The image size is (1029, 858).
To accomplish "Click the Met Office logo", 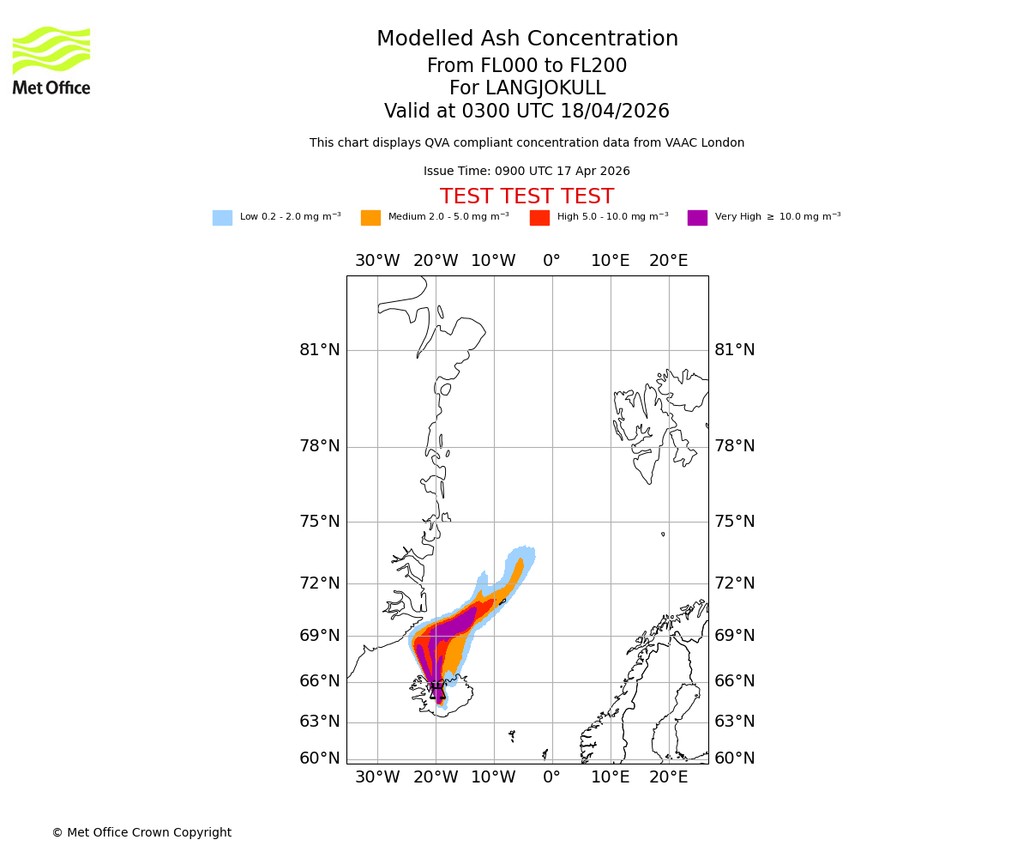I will (x=51, y=60).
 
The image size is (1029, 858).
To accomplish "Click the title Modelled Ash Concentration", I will (x=527, y=39).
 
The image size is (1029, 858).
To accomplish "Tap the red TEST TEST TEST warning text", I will (x=527, y=196).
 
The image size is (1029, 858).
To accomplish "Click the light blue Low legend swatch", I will (x=222, y=217).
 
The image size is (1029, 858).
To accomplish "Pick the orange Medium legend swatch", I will (x=370, y=217).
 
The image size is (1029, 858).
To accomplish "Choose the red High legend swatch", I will (x=539, y=217).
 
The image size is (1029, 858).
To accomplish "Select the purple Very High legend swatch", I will (x=697, y=217).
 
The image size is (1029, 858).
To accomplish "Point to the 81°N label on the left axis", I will (x=319, y=350).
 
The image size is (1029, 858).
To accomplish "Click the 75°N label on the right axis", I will (x=735, y=522).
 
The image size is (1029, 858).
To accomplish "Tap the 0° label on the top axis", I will (x=551, y=261).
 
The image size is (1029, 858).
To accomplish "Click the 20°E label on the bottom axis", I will (x=668, y=777).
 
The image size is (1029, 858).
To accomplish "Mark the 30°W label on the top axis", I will (x=377, y=261).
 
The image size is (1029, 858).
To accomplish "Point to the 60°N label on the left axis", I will (x=319, y=758).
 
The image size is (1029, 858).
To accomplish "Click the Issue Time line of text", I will (x=527, y=172).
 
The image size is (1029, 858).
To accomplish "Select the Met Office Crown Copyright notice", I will (x=141, y=832).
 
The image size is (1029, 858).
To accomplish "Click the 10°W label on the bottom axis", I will (x=493, y=777).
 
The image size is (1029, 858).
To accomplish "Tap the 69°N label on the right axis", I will (x=735, y=636).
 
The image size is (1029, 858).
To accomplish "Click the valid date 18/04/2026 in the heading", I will (x=615, y=112).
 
